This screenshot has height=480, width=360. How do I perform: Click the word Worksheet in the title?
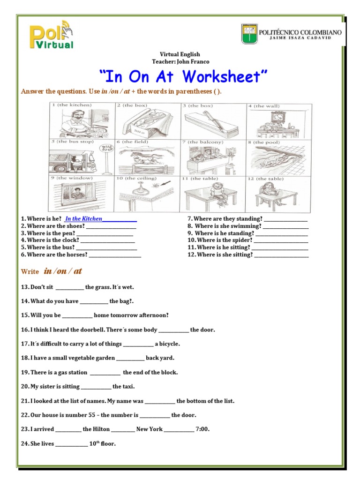225,76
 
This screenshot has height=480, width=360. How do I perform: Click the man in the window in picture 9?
78,193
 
